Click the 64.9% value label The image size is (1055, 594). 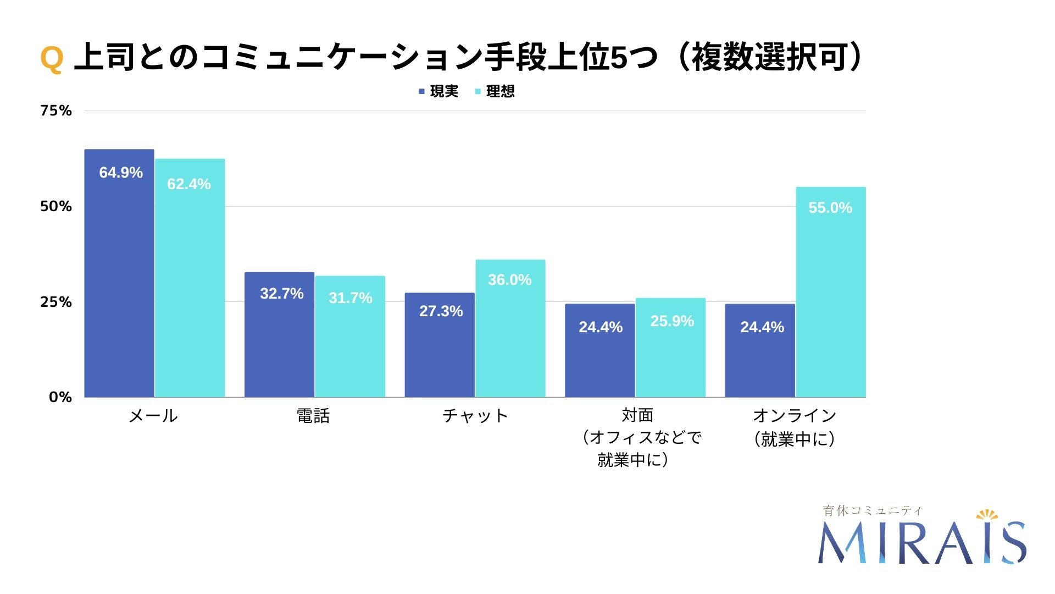point(120,173)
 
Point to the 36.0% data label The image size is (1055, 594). point(509,280)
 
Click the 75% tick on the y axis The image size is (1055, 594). point(55,111)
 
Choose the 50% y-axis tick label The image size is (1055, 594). point(55,206)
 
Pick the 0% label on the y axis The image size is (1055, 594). point(60,397)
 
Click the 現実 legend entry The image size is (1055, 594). point(438,91)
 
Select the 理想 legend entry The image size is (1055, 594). point(495,91)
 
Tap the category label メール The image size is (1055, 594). point(153,416)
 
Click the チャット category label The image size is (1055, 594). point(475,416)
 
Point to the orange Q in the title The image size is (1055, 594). point(52,58)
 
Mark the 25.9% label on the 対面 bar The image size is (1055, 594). point(671,321)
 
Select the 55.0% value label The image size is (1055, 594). point(830,208)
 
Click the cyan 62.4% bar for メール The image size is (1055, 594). point(190,286)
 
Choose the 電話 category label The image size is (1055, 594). point(313,416)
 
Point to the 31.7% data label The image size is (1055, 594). point(350,298)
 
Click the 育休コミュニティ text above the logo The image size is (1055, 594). point(872,510)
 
